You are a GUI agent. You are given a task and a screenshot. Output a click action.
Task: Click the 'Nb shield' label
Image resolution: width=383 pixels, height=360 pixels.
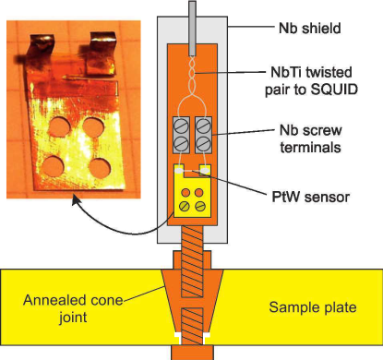coord(309,28)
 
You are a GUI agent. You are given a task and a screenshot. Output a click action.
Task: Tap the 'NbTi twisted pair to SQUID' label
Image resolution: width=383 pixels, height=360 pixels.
coord(311,80)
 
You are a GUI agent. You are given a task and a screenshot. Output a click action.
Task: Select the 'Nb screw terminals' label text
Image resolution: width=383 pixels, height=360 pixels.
coord(311,138)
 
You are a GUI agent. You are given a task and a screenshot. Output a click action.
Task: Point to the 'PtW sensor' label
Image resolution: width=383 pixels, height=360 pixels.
coord(311,197)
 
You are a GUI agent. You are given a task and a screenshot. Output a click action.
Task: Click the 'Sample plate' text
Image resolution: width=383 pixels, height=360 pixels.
coord(313,307)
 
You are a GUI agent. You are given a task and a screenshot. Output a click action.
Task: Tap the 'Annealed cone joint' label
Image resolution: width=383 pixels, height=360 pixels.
coord(73,308)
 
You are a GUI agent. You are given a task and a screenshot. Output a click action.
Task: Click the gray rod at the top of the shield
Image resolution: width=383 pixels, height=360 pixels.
coord(192,28)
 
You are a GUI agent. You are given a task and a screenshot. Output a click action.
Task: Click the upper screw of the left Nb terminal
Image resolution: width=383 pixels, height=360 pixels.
coord(181,126)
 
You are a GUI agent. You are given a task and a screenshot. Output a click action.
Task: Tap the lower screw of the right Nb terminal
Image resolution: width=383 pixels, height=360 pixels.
coord(203,143)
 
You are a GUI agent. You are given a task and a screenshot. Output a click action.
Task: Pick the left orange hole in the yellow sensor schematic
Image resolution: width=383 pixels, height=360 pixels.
coord(186,193)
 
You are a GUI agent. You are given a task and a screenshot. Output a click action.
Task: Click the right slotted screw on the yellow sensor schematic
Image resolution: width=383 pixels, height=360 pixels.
coord(200,206)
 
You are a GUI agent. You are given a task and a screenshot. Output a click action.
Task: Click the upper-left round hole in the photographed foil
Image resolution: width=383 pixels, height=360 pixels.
coord(59,126)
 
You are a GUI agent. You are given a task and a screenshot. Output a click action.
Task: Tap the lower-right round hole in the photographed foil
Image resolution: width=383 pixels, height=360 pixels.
coord(100,168)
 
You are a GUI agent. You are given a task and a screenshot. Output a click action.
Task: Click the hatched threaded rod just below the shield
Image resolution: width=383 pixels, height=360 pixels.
coord(192,261)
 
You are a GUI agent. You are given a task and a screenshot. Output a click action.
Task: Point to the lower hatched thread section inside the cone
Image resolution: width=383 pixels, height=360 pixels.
coord(192,326)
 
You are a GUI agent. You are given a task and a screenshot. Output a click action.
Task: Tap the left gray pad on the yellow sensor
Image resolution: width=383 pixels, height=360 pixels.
coord(179,169)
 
